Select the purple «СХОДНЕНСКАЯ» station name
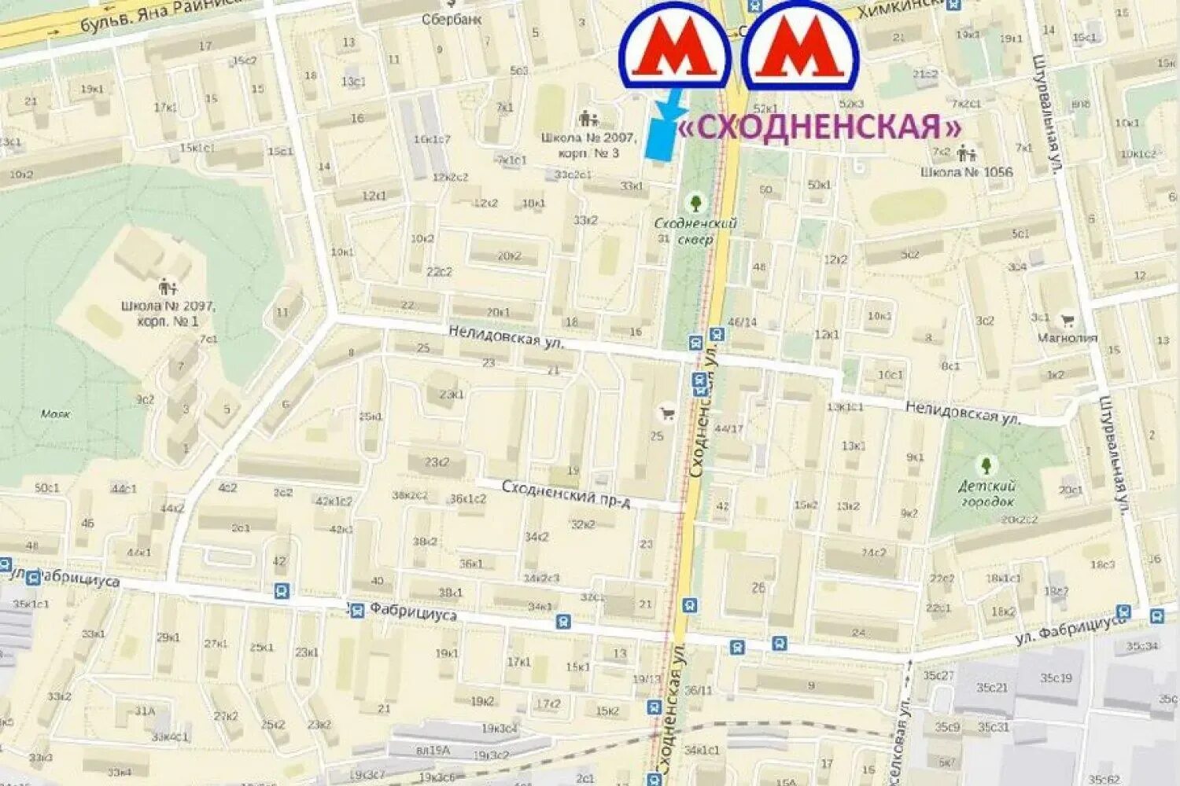(819, 127)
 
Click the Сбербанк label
(452, 19)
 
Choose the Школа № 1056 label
(967, 171)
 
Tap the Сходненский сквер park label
(695, 231)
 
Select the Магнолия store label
(1067, 338)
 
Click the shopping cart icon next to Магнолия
(1068, 320)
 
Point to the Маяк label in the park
(56, 414)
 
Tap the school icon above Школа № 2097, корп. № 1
(167, 288)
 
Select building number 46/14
(742, 321)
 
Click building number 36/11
(698, 690)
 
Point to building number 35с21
(992, 688)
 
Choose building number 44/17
(728, 428)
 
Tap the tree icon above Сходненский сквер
(695, 202)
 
